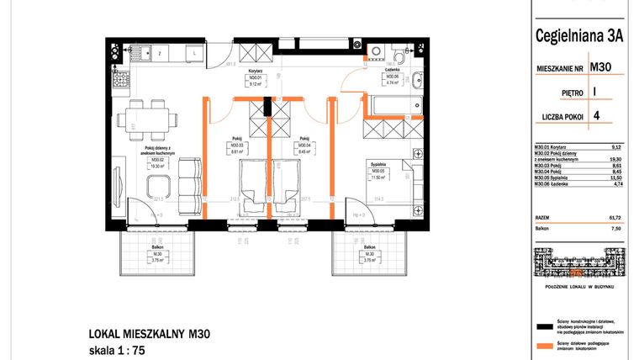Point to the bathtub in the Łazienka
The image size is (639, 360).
(394, 108)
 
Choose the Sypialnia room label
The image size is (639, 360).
(377, 165)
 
